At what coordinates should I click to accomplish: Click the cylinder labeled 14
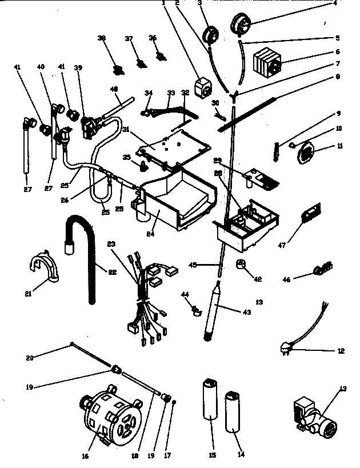234,413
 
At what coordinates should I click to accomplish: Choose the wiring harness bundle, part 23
146,303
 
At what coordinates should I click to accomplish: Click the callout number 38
102,38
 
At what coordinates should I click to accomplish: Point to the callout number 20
30,358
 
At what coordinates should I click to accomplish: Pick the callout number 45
193,264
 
